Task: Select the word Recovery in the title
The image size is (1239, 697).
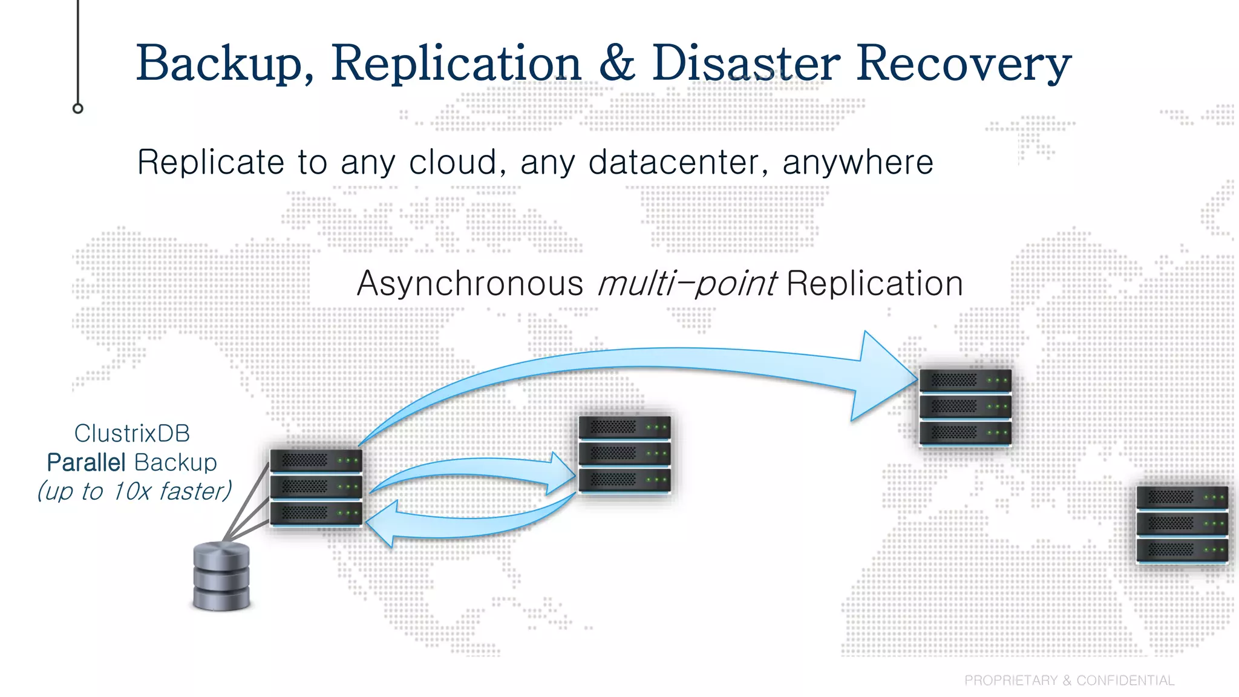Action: pyautogui.click(x=963, y=64)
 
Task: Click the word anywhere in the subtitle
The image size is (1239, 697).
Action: pyautogui.click(x=857, y=162)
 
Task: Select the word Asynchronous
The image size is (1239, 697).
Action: pyautogui.click(x=469, y=283)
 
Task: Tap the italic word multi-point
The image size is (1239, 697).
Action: pyautogui.click(x=687, y=283)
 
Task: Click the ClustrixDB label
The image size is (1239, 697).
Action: pyautogui.click(x=132, y=433)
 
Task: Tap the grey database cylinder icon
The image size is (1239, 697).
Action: pyautogui.click(x=221, y=576)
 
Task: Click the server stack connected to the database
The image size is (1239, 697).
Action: pyautogui.click(x=316, y=488)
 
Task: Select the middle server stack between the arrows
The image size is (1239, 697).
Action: pyautogui.click(x=624, y=454)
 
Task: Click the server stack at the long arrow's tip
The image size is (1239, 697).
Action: pyautogui.click(x=965, y=407)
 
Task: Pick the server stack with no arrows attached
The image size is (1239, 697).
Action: pyautogui.click(x=1182, y=525)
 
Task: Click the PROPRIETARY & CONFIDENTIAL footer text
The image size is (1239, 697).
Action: pyautogui.click(x=1069, y=680)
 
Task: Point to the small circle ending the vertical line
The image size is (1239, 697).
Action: pyautogui.click(x=77, y=108)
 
